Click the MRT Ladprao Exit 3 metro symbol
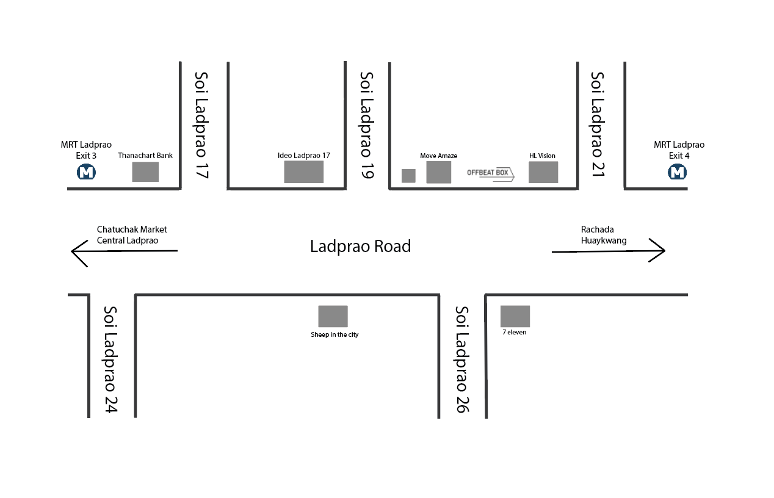86,172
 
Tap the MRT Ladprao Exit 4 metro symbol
677,172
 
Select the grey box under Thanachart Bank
145,172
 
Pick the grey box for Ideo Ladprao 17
304,171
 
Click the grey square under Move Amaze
438,172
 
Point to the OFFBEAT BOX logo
490,174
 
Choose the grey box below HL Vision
543,172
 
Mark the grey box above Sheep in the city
333,316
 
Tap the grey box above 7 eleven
515,316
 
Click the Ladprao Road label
360,246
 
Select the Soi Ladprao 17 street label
201,125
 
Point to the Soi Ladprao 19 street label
367,125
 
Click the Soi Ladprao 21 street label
597,124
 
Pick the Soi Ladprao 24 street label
110,359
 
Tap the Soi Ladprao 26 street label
462,359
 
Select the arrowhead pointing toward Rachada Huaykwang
665,250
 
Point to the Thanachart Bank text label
145,156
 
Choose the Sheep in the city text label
335,334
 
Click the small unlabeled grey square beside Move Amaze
408,176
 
